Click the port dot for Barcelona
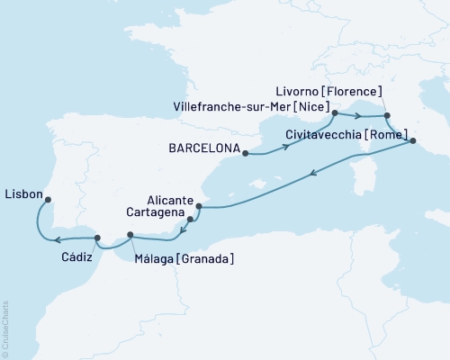pyautogui.click(x=244, y=153)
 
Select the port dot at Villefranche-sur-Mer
pyautogui.click(x=334, y=113)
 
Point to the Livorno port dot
pyautogui.click(x=387, y=116)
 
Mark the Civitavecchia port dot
pyautogui.click(x=412, y=140)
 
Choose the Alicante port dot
pyautogui.click(x=197, y=207)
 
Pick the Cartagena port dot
pyautogui.click(x=190, y=219)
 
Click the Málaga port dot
pyautogui.click(x=130, y=236)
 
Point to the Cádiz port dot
pyautogui.click(x=97, y=238)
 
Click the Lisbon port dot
pyautogui.click(x=48, y=200)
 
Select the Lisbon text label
pyautogui.click(x=22, y=193)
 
